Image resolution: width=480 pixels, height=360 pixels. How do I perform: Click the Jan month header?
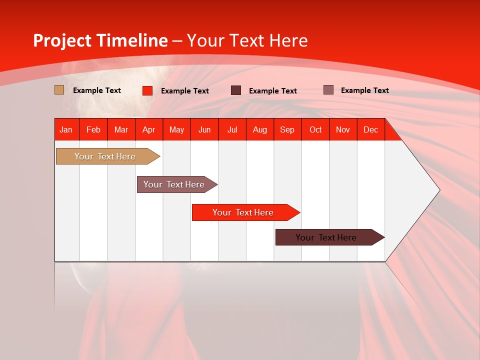pos(66,129)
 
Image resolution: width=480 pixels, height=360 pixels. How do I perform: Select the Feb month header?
pos(93,129)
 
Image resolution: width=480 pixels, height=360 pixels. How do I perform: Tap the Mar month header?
pos(121,129)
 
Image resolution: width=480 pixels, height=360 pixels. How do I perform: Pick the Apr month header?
pos(149,129)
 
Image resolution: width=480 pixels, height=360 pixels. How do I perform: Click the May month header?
pos(176,129)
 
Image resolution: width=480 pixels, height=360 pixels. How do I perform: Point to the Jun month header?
pos(204,129)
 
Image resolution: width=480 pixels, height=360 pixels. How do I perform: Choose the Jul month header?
pos(232,129)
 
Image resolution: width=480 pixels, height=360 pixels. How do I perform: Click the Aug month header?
pos(260,129)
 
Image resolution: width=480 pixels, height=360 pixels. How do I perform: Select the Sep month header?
pos(287,129)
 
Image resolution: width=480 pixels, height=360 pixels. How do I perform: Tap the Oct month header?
pos(315,129)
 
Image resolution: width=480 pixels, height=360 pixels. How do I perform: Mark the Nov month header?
pos(343,129)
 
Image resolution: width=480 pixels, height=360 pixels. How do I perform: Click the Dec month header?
pos(370,129)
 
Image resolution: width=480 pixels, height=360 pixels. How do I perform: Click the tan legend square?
pos(59,90)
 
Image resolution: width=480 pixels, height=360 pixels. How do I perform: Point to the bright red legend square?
pos(147,90)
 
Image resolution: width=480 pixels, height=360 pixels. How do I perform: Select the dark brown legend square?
pos(235,90)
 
